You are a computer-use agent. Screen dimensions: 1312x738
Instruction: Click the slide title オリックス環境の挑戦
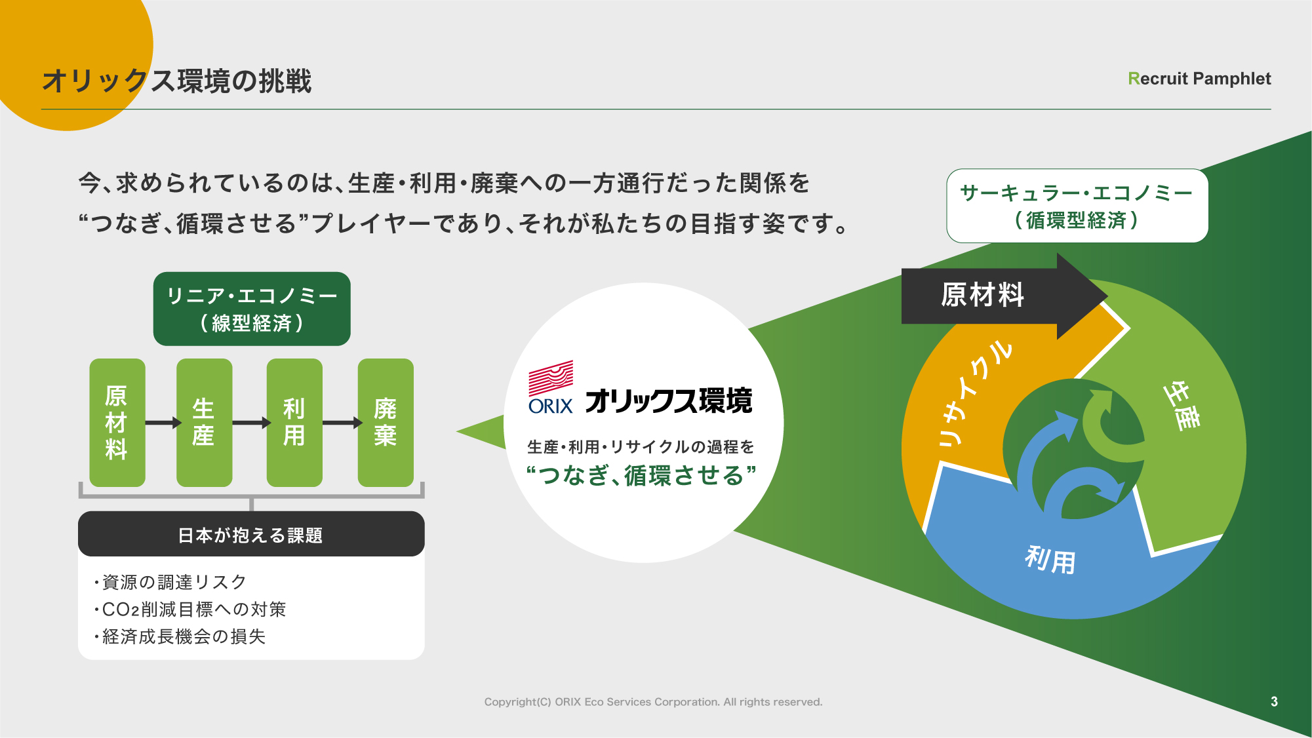177,81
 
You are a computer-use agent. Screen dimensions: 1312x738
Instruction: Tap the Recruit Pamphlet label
1199,79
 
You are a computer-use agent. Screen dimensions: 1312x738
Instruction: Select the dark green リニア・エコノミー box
252,309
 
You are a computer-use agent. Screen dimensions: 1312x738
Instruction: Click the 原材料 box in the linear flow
117,422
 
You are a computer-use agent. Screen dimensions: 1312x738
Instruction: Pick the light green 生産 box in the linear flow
204,422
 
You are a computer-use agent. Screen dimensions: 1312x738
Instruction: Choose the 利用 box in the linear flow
294,422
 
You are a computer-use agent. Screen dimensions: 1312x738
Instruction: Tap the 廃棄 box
386,422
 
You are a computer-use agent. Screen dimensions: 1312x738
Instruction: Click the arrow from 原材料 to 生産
163,423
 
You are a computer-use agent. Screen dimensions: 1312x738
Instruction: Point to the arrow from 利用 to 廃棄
342,423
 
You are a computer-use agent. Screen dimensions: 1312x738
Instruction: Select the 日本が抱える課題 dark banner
251,534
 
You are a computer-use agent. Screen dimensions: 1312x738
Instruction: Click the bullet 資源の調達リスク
170,582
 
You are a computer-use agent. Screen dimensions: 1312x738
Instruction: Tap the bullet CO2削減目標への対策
190,610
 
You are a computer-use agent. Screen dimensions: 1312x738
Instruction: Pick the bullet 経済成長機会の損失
180,636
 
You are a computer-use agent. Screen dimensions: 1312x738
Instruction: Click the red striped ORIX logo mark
551,378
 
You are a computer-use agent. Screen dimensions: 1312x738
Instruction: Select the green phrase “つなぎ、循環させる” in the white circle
642,475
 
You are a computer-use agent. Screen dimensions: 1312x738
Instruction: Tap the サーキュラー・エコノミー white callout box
1077,206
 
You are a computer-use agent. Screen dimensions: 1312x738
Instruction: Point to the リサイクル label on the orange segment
975,393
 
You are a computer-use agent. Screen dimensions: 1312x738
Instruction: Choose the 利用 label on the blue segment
1050,560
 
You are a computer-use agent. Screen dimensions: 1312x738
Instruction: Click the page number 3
1274,701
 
